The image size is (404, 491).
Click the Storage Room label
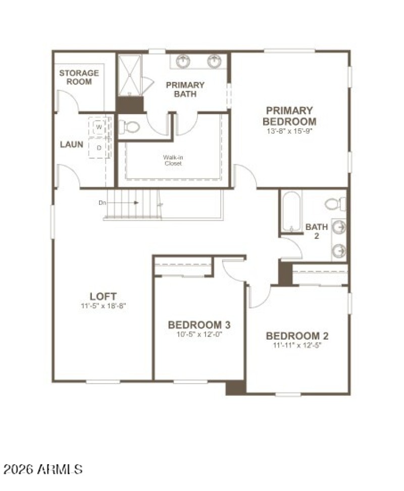coord(79,77)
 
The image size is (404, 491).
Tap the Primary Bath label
coord(185,89)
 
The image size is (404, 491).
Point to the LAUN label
coord(72,144)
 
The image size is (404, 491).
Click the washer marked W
coord(99,126)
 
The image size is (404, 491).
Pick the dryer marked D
coord(99,147)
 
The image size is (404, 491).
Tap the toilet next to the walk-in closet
coord(131,127)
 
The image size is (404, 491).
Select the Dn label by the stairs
coord(103,202)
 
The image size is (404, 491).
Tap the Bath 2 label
coord(317,231)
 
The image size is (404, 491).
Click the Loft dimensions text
coord(103,306)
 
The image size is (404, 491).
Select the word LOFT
coord(103,296)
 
